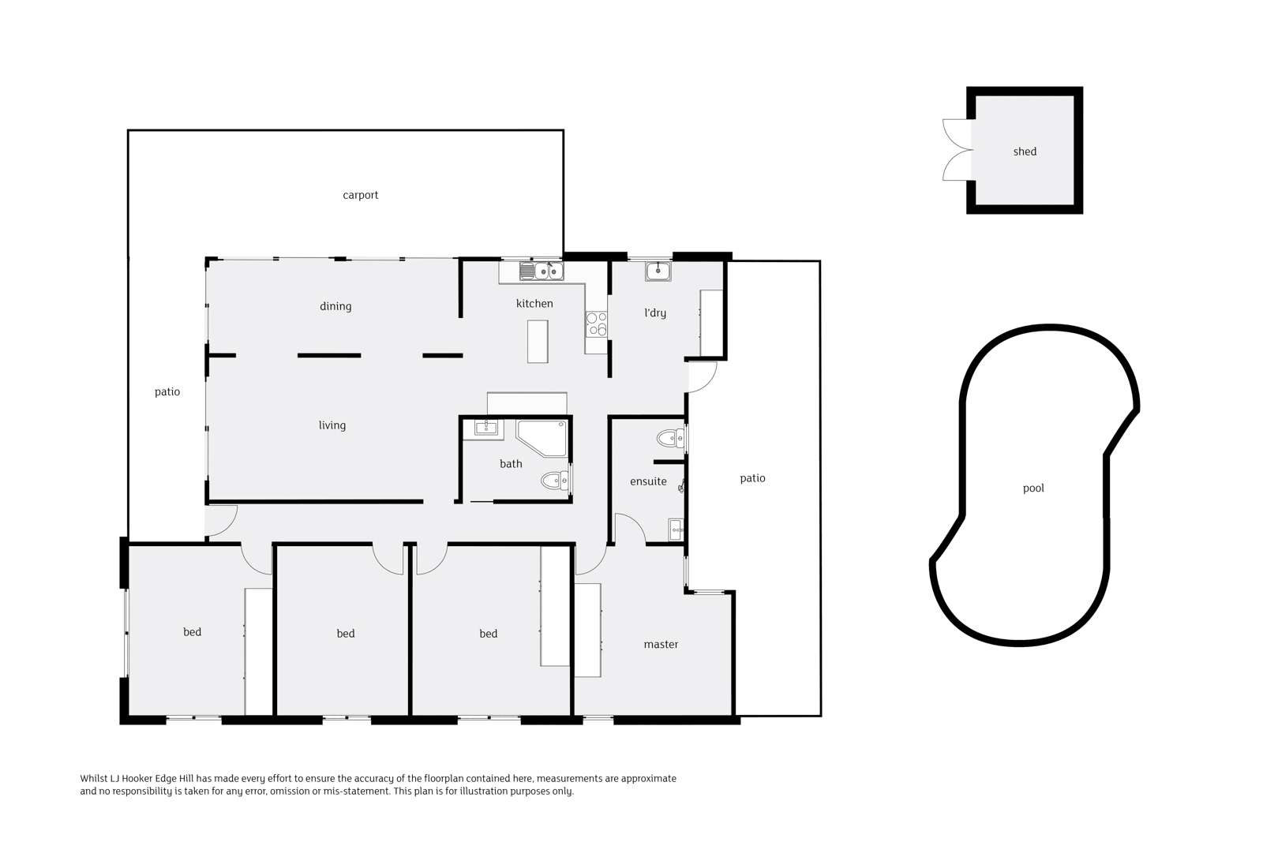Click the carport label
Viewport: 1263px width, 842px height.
pyautogui.click(x=360, y=195)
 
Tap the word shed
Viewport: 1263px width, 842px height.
pyautogui.click(x=1025, y=152)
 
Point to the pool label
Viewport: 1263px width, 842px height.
pyautogui.click(x=1033, y=488)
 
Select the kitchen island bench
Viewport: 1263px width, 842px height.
pyautogui.click(x=538, y=341)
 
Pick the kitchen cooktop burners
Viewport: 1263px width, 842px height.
pyautogui.click(x=596, y=324)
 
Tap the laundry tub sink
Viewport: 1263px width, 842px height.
pyautogui.click(x=658, y=271)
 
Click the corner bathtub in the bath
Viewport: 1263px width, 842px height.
pyautogui.click(x=541, y=438)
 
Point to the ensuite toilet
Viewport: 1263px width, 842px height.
pyautogui.click(x=670, y=437)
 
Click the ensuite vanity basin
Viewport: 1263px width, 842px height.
pyautogui.click(x=676, y=530)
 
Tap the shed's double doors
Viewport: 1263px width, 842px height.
pyautogui.click(x=957, y=151)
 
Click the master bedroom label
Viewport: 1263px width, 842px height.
pyautogui.click(x=661, y=645)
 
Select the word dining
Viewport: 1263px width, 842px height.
pyautogui.click(x=335, y=307)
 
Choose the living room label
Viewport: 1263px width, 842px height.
pyautogui.click(x=332, y=425)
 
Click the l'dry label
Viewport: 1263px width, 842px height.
pyautogui.click(x=655, y=313)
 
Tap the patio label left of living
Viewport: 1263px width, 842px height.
pyautogui.click(x=167, y=392)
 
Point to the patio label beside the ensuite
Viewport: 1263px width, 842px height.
pyautogui.click(x=752, y=478)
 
